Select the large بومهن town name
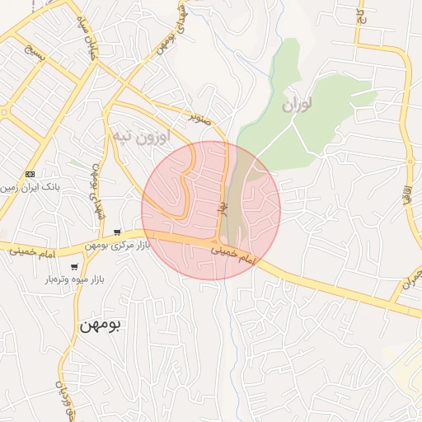pos(100,325)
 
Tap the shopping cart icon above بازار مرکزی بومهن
pos(119,232)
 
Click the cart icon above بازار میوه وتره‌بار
pos(75,267)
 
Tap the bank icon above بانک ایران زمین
pos(30,174)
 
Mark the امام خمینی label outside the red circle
pos(28,252)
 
